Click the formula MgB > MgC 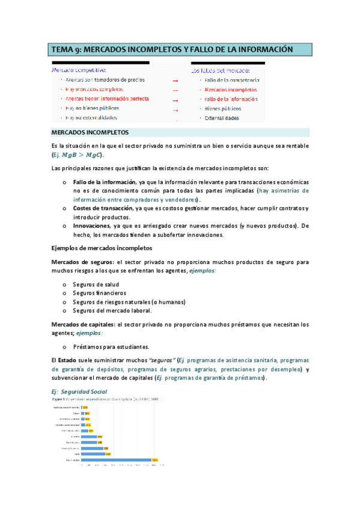[x=85, y=155]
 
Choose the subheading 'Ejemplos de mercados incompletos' [x=102, y=248]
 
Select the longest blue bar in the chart [x=117, y=460]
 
